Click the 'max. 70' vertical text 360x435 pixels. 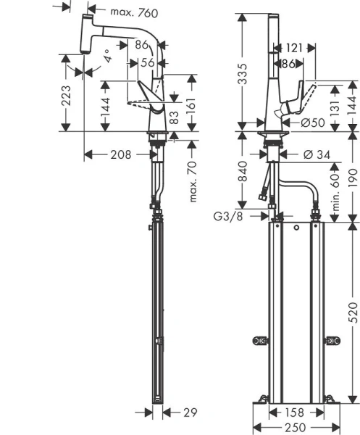193,180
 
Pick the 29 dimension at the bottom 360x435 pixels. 191,413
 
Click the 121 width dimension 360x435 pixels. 293,47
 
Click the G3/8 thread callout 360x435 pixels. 227,215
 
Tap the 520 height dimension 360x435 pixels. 352,310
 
